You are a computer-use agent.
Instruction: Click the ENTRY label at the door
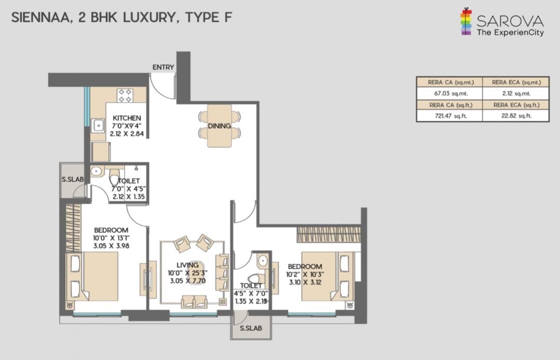[x=163, y=67]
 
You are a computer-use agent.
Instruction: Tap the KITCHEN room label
[x=127, y=118]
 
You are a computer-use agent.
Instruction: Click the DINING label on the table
[x=219, y=126]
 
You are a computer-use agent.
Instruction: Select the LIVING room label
[x=188, y=265]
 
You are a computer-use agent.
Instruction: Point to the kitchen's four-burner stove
[x=125, y=95]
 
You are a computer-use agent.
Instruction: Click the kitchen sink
[x=98, y=126]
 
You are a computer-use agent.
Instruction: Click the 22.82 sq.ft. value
[x=516, y=116]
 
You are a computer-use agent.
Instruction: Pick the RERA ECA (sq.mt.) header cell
[x=516, y=82]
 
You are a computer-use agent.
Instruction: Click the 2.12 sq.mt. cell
[x=516, y=93]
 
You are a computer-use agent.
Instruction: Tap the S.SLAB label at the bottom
[x=251, y=328]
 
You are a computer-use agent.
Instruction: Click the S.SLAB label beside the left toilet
[x=73, y=179]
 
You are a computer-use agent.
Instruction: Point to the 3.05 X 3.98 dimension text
[x=111, y=246]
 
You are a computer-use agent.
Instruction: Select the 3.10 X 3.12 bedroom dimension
[x=305, y=282]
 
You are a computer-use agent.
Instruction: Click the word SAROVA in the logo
[x=510, y=21]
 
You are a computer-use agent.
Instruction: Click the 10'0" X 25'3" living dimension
[x=188, y=273]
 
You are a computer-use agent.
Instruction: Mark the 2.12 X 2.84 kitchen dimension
[x=127, y=133]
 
